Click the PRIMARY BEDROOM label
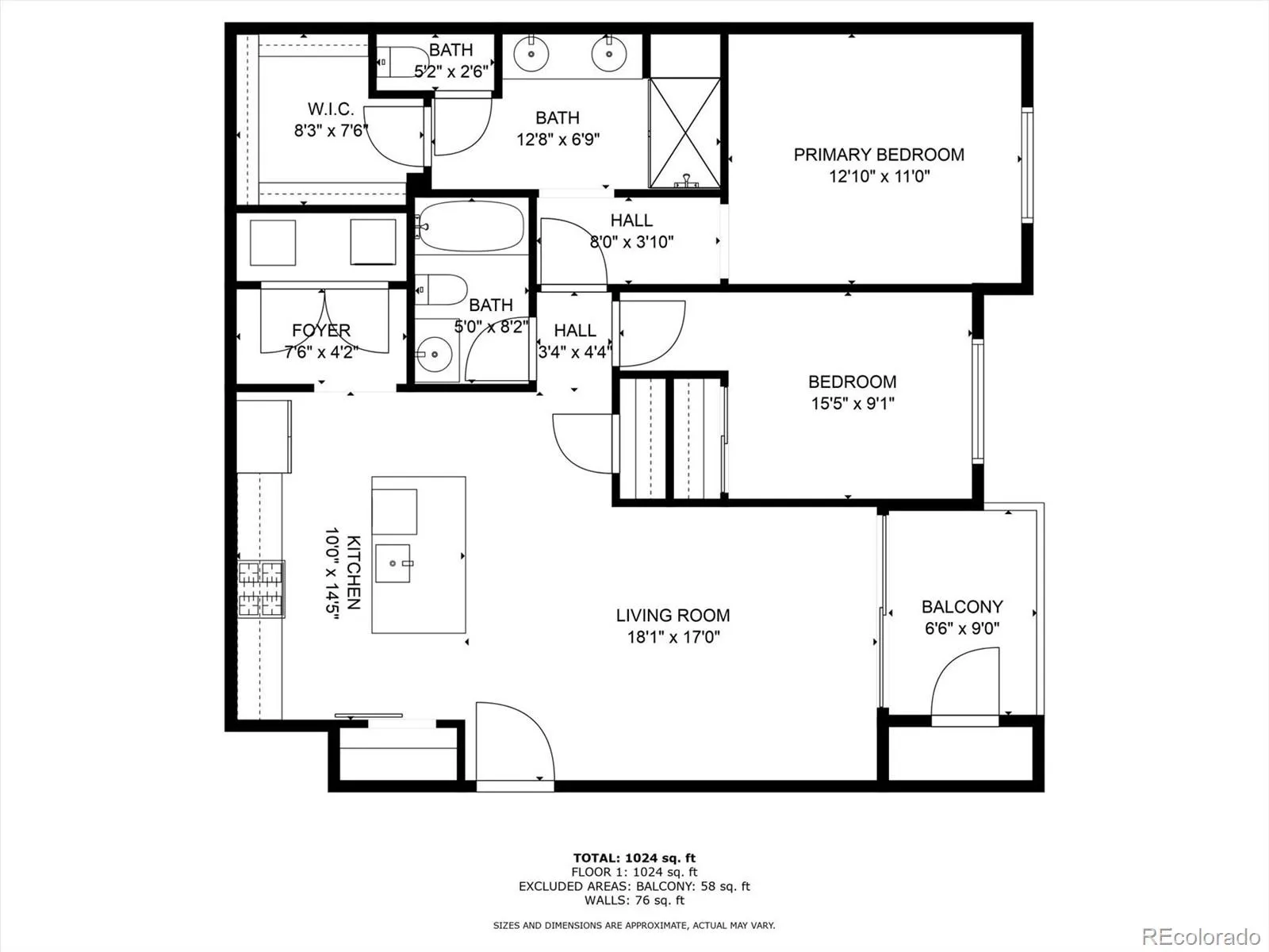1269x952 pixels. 879,155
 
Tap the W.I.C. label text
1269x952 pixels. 331,109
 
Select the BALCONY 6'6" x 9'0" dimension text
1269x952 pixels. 961,629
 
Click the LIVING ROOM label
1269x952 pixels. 673,616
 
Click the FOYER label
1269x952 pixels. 320,330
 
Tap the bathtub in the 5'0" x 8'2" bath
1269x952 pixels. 470,226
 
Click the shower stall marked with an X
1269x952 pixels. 684,132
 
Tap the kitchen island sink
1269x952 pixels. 393,562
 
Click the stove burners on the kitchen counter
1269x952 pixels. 261,589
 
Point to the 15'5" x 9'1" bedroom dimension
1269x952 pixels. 852,404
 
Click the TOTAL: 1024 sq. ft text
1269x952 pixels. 634,858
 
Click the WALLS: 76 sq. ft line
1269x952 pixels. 634,900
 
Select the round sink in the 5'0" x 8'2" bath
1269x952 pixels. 433,354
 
